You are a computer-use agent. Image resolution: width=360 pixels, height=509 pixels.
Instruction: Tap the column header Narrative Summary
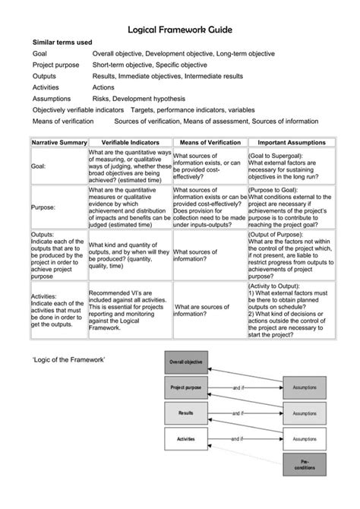(58, 142)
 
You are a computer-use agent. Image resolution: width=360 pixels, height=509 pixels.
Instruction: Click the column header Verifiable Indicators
(130, 142)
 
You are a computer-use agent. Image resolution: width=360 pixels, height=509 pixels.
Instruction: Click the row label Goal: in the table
(38, 166)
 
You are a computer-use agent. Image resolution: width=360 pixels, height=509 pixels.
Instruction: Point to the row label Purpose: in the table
(43, 207)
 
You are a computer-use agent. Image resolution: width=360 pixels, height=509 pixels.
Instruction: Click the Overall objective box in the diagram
(186, 362)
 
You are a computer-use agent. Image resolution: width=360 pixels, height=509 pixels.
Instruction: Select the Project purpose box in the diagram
(186, 388)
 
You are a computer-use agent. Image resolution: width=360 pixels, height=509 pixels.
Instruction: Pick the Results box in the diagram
(186, 413)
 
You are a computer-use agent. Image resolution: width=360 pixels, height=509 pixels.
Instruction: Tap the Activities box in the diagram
(186, 439)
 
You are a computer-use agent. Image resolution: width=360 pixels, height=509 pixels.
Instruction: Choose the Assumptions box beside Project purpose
(305, 388)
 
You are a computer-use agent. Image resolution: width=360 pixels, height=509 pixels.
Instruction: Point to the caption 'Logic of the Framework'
(68, 359)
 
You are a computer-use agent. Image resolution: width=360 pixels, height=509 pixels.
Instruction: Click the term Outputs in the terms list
(44, 77)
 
